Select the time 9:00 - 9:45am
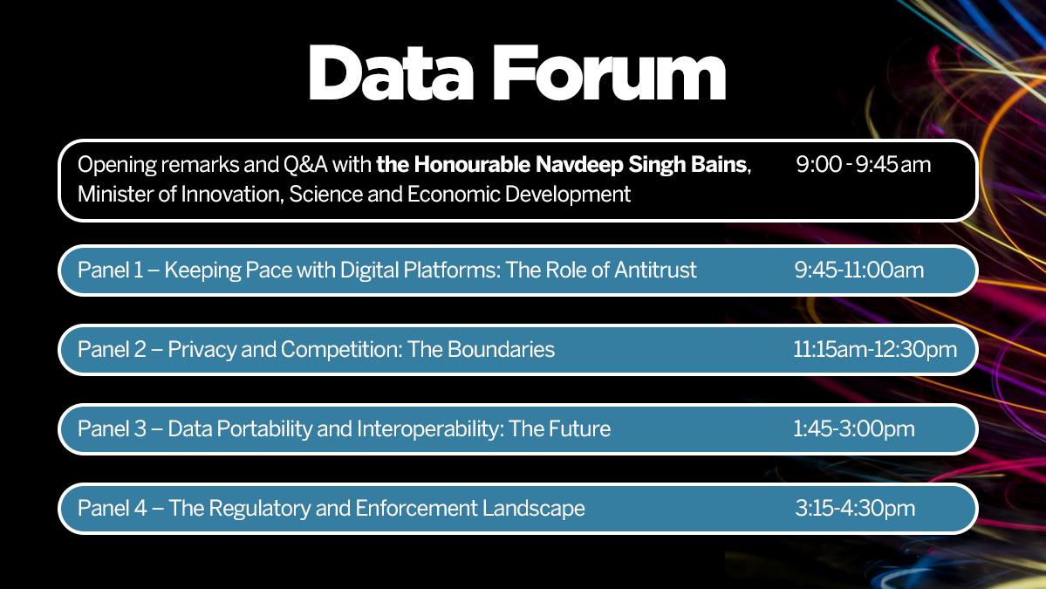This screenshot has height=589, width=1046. pyautogui.click(x=863, y=164)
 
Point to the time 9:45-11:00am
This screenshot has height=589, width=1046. pyautogui.click(x=858, y=271)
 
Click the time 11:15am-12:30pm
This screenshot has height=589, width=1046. pyautogui.click(x=874, y=350)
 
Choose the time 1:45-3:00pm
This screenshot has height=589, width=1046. pyautogui.click(x=853, y=428)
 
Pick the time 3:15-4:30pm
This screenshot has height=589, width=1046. pyautogui.click(x=855, y=508)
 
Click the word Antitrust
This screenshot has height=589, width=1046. pyautogui.click(x=655, y=271)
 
